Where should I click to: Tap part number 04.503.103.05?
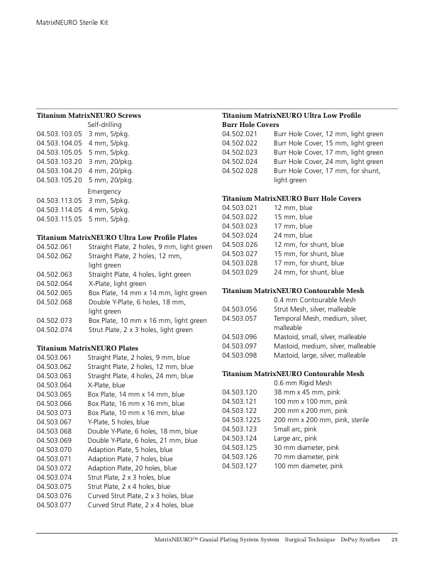click(x=60, y=133)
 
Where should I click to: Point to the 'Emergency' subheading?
click(x=104, y=192)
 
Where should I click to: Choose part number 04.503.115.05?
click(x=60, y=219)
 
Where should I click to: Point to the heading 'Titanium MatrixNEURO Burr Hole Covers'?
click(x=291, y=198)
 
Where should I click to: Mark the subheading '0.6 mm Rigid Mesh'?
click(x=303, y=383)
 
